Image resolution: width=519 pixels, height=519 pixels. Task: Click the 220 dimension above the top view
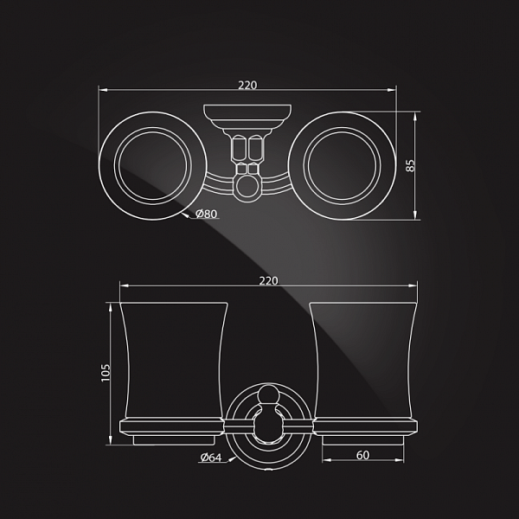[x=247, y=86]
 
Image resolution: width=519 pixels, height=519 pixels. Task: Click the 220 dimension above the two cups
[x=268, y=281]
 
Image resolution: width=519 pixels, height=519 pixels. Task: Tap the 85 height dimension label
[x=410, y=165]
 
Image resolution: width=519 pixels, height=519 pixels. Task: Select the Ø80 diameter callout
[x=206, y=214]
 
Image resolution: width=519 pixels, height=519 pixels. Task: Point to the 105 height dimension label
[x=106, y=373]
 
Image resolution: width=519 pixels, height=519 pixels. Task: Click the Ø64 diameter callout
[x=211, y=458]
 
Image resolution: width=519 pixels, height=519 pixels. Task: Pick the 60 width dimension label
[x=362, y=456]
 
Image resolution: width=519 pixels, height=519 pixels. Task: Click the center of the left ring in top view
[x=152, y=165]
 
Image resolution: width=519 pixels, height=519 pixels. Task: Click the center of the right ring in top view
[x=343, y=165]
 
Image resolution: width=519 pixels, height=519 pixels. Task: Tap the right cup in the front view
[x=363, y=361]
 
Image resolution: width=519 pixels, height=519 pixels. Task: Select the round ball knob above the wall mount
[x=268, y=394]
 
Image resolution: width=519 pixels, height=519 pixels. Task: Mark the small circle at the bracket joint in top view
[x=247, y=186]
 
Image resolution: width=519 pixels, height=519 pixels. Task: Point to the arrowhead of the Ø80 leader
[x=185, y=215]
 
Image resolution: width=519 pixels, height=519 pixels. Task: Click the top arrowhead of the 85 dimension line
[x=414, y=115]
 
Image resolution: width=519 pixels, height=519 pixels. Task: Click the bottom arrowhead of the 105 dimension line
[x=110, y=441]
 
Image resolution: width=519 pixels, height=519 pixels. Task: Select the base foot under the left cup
[x=174, y=440]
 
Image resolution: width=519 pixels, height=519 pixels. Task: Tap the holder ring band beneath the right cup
[x=365, y=427]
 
